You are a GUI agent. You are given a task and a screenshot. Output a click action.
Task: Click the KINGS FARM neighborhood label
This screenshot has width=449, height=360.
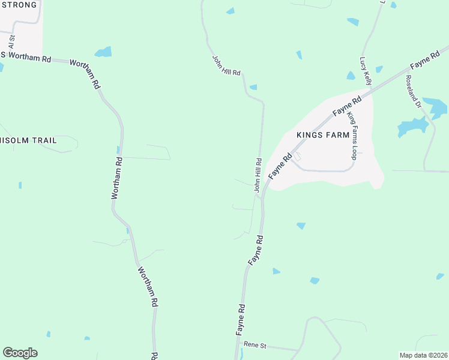pos(323,135)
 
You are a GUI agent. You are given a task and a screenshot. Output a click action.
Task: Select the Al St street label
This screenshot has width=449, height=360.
pos(11,41)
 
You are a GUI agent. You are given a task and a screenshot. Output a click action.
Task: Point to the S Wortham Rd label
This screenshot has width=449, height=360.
pos(26,58)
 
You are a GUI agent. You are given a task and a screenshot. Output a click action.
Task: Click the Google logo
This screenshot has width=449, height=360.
pos(20,353)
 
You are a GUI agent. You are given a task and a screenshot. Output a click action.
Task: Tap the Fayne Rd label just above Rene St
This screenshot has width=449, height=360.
pos(241,319)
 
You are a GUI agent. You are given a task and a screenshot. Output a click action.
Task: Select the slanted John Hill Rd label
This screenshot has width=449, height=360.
pos(226,65)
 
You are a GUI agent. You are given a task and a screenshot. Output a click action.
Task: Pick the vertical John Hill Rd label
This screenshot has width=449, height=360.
pos(258,175)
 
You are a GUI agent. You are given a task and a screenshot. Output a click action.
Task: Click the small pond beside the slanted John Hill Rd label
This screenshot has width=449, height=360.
pos(253,87)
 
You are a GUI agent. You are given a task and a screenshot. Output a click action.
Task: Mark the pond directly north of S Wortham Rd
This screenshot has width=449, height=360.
pos(103,52)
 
